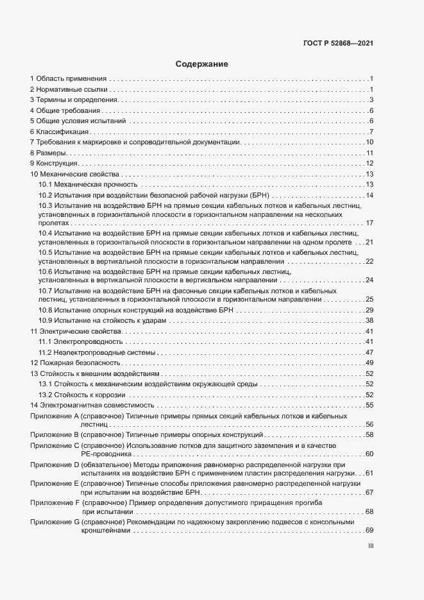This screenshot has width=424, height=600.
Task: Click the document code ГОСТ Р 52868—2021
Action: click(x=338, y=44)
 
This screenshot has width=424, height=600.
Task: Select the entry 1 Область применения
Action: click(x=68, y=79)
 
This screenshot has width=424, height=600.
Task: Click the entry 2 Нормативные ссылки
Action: click(x=69, y=89)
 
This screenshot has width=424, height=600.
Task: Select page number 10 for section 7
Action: click(x=369, y=142)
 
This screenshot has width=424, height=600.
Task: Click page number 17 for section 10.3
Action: click(x=369, y=223)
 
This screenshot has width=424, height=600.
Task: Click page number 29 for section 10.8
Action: click(x=369, y=310)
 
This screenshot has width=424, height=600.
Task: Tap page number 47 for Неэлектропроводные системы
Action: click(x=369, y=352)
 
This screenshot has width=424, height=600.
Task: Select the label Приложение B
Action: click(x=55, y=435)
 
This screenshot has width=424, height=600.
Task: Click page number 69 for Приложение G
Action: click(x=369, y=531)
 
